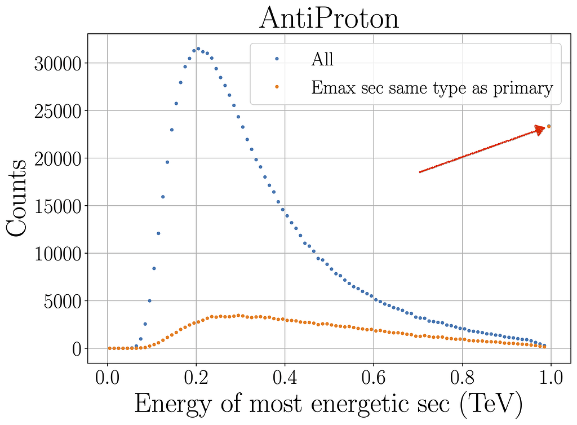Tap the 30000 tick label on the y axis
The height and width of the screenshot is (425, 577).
pos(57,63)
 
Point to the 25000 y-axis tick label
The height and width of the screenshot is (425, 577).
pos(57,111)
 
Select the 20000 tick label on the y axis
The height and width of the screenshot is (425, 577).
pos(57,158)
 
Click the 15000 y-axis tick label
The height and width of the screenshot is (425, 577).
pos(57,206)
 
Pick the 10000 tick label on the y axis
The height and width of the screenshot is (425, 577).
pos(57,254)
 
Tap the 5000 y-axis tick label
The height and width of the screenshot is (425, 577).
pos(61,301)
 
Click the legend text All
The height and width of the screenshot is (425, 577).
pos(323,59)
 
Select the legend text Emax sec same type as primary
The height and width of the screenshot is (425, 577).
pos(432,87)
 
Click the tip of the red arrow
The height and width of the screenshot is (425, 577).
pos(545,128)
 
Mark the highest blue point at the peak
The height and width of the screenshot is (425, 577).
pos(198,49)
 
